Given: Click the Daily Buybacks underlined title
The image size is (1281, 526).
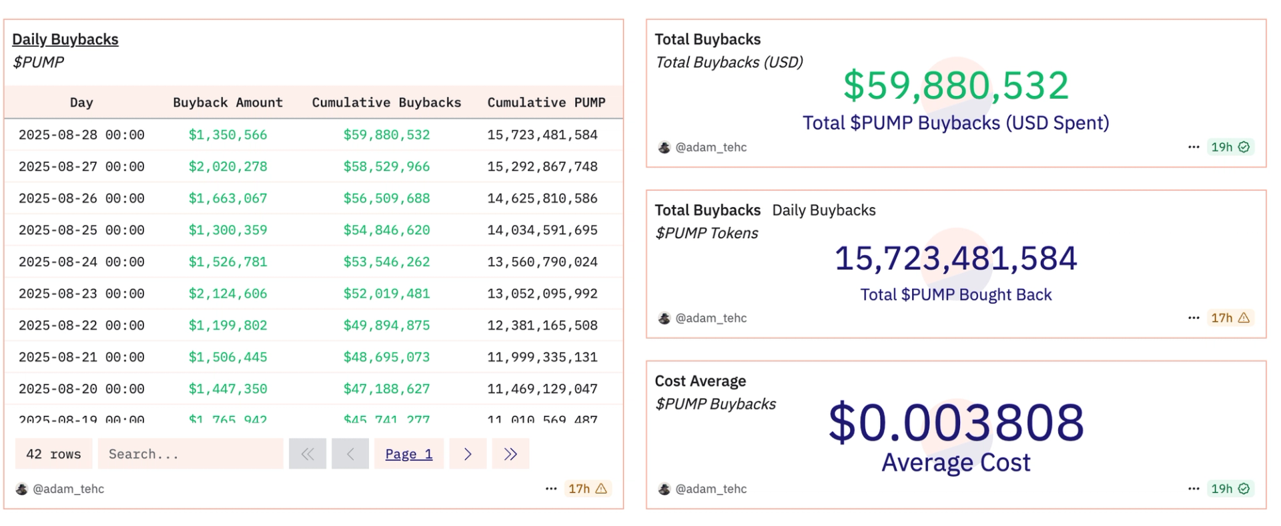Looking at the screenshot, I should click(65, 39).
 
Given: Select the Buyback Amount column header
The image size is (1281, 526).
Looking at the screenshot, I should click(228, 103).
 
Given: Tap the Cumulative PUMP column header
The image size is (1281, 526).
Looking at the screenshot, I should click(546, 103).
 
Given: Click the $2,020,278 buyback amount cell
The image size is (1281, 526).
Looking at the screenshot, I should click(228, 167).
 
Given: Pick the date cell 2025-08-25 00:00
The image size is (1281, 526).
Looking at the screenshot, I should click(81, 230).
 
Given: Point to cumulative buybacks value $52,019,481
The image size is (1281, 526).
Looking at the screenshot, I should click(386, 294).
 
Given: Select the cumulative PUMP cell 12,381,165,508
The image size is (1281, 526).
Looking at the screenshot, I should click(542, 326).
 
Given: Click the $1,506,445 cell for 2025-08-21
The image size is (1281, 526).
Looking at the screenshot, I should click(228, 357).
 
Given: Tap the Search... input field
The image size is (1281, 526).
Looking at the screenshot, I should click(190, 454).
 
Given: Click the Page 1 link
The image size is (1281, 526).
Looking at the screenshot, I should click(408, 454).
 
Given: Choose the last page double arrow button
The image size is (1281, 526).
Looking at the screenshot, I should click(510, 454).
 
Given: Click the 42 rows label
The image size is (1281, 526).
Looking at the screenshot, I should click(53, 454).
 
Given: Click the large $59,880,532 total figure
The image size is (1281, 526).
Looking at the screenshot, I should click(955, 85).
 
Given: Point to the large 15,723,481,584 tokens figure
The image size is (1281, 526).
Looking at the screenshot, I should click(955, 258).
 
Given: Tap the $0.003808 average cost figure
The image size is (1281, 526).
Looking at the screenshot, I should click(955, 423).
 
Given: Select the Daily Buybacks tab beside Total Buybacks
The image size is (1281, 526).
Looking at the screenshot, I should click(823, 210).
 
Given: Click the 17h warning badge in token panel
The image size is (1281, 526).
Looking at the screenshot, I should click(1230, 318).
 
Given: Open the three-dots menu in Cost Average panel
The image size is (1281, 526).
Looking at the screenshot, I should click(1194, 489).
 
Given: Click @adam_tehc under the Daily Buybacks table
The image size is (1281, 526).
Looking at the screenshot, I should click(68, 489).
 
